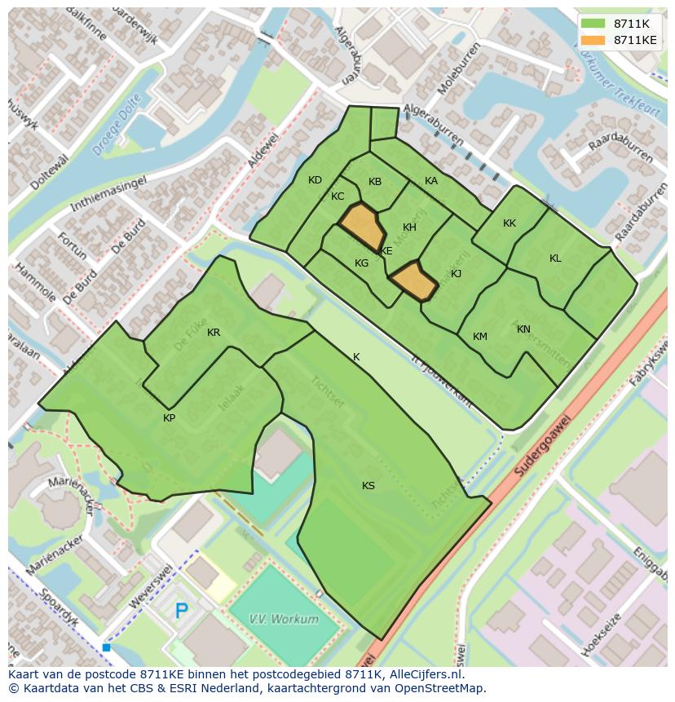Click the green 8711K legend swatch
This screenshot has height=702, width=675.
tap(593, 24)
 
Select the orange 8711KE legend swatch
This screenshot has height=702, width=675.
tap(593, 40)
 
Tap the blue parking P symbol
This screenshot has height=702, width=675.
tap(182, 611)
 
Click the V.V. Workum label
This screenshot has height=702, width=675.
tap(285, 620)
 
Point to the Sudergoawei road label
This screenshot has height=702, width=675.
tap(543, 448)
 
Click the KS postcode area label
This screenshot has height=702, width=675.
tap(368, 486)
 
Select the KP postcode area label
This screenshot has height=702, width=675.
tap(169, 418)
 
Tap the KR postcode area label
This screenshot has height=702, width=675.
tap(214, 333)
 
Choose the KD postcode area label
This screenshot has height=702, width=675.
tap(315, 180)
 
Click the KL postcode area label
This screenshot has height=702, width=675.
tap(555, 258)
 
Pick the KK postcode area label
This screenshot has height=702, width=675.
tap(510, 223)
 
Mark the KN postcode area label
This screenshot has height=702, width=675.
tap(523, 329)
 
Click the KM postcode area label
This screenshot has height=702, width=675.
tap(480, 337)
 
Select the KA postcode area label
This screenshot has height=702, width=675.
tap(431, 181)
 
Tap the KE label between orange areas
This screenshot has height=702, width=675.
tap(386, 251)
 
